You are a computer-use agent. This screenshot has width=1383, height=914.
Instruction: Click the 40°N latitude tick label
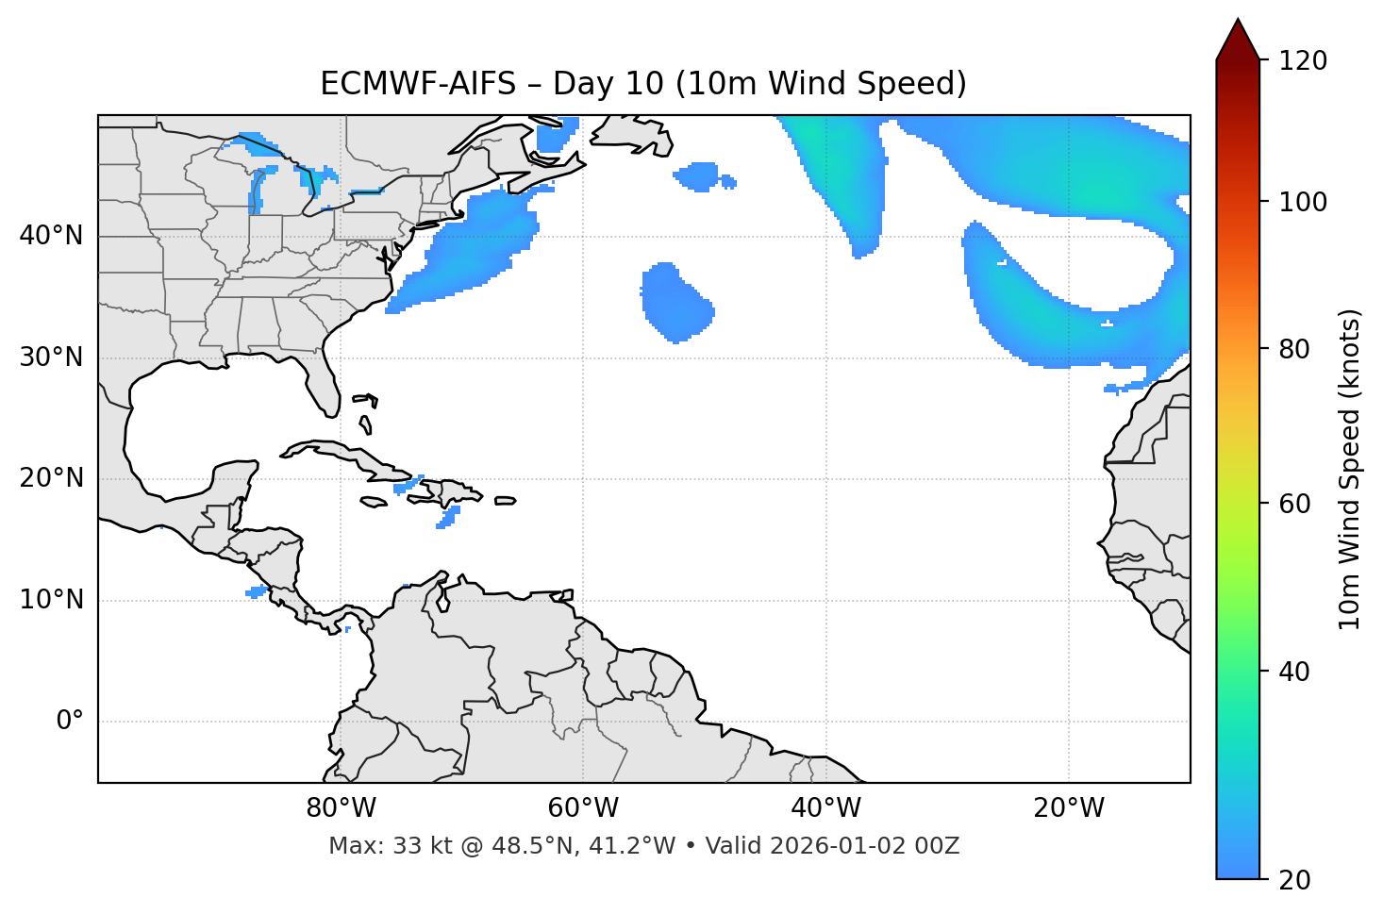coord(51,236)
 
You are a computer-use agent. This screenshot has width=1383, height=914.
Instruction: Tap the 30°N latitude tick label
coord(51,357)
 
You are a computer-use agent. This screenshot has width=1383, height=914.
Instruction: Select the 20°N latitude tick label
coord(51,478)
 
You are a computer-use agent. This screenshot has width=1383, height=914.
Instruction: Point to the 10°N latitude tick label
coord(51,600)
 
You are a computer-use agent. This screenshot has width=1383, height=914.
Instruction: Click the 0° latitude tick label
coord(69,722)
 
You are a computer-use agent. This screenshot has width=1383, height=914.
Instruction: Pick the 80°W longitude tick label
coord(341,808)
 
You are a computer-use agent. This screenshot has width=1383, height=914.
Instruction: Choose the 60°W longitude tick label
coord(583,808)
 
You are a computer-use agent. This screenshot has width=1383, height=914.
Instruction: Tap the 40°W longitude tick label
coord(825,808)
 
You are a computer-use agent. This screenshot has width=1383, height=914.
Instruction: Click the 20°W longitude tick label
coord(1069,808)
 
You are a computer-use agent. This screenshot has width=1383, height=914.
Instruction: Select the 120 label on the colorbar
coord(1303,61)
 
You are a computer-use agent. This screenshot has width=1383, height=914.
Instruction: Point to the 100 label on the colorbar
coord(1303,202)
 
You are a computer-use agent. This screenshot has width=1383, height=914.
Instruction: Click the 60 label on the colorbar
coord(1294,504)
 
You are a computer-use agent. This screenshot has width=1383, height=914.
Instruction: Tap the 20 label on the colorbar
coord(1294,880)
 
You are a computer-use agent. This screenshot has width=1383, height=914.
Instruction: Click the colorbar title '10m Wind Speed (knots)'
coord(1350,469)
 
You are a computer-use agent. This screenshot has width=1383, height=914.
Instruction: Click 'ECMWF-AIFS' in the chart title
coord(418,84)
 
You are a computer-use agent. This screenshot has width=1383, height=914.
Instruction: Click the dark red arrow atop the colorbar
coord(1238,41)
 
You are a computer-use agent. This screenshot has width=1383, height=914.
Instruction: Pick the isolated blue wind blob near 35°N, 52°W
coord(675,302)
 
